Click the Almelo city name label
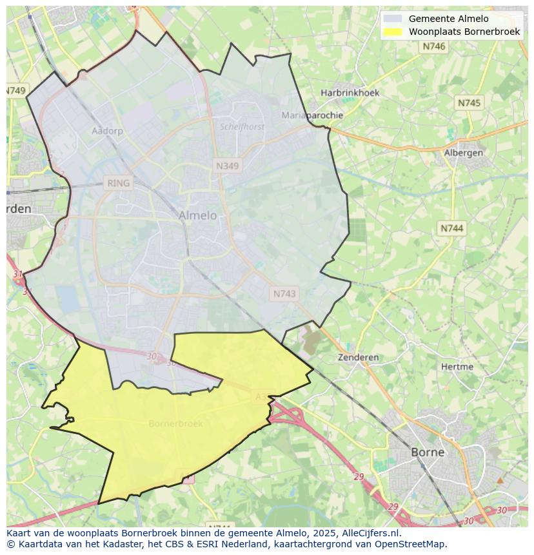[x=198, y=215]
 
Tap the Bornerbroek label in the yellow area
[x=175, y=424]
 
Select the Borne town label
[x=428, y=452]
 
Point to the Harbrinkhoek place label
[x=350, y=93]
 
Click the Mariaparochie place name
[x=312, y=115]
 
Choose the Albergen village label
[x=463, y=153]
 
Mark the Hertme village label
[x=457, y=367]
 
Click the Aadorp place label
[x=107, y=131]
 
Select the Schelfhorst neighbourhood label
[x=242, y=127]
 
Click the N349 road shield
[x=227, y=166]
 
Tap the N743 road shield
[x=284, y=293]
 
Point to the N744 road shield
[x=452, y=228]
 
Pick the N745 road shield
[x=469, y=102]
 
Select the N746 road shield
[x=433, y=46]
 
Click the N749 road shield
[x=16, y=91]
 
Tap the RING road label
[x=119, y=183]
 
